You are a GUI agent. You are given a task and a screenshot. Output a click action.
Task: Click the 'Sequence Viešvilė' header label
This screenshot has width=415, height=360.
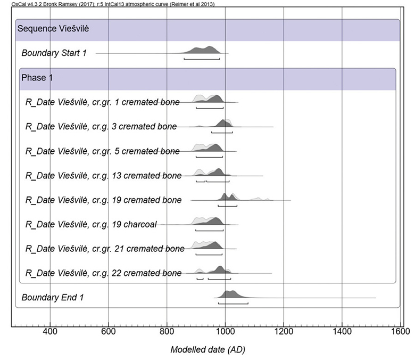pyautogui.click(x=52, y=29)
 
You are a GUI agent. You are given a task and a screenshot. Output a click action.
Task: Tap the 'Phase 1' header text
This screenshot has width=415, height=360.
pyautogui.click(x=37, y=78)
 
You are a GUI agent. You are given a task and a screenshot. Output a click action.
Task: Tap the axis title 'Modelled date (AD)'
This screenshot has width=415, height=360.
pyautogui.click(x=207, y=350)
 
